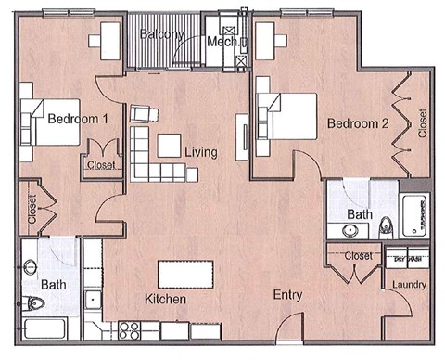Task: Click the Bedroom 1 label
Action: coord(79,119)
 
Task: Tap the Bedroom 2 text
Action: coord(356,123)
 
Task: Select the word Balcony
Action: coord(162,35)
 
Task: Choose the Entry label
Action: coord(288,295)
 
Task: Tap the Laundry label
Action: coord(409,285)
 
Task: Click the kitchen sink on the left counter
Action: coord(92,300)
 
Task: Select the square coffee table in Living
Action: coord(170,147)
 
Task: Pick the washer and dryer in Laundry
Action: coord(409,258)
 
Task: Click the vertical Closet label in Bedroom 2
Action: coord(423,123)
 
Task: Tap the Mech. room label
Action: coord(223,42)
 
